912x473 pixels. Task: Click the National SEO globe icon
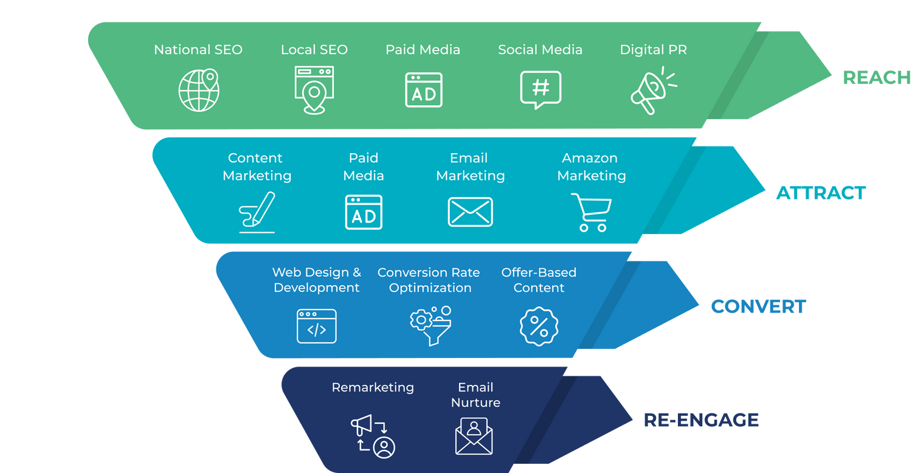click(199, 90)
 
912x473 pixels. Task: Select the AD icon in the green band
click(424, 90)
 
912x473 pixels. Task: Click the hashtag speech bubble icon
click(541, 89)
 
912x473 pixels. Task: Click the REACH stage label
click(876, 77)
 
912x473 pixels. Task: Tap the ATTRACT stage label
click(821, 193)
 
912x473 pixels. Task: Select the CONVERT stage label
click(758, 306)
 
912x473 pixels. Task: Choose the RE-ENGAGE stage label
click(701, 419)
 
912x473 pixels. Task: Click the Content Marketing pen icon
click(257, 212)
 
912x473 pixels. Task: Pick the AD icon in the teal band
click(364, 212)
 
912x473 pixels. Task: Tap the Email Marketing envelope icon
click(470, 212)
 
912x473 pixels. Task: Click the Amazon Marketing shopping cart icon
click(591, 212)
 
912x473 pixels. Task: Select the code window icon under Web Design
click(316, 326)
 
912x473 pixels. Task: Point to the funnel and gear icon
click(430, 325)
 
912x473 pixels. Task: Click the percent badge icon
click(539, 325)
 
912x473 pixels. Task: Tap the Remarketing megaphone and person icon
click(373, 436)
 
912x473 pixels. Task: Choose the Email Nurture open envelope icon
click(474, 436)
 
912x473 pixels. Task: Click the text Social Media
click(540, 50)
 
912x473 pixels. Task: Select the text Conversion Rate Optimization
click(429, 280)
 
